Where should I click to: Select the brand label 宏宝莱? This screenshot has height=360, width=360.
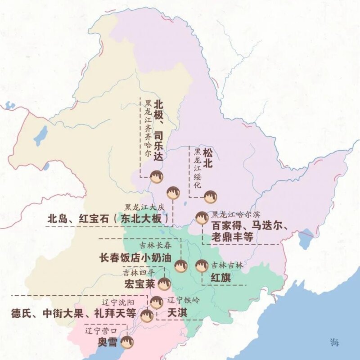(139, 284)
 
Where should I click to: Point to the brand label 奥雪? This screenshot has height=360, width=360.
(107, 344)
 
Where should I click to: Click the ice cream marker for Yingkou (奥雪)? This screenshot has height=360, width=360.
(127, 342)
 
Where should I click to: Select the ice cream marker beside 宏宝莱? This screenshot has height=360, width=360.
(164, 284)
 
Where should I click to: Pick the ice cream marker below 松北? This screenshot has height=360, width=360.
(210, 197)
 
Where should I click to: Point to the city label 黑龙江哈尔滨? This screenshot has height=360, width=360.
(236, 214)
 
